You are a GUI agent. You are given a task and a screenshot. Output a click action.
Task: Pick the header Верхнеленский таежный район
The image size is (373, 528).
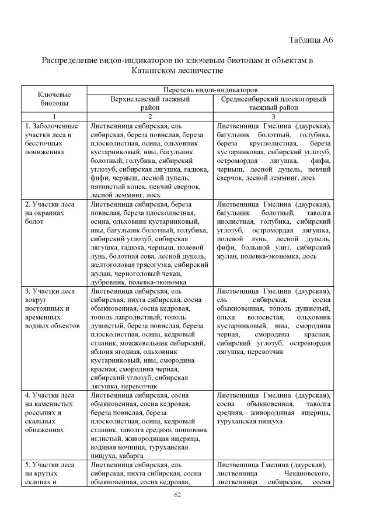tap(150, 103)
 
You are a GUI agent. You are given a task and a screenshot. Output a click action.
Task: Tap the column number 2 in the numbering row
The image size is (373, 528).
tap(150, 116)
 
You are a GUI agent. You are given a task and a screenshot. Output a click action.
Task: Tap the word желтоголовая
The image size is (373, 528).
tap(113, 263)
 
